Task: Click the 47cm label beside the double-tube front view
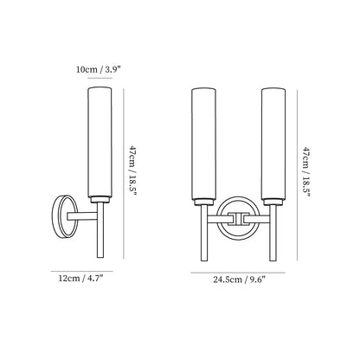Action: (x=307, y=172)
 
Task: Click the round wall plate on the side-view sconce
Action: (x=61, y=215)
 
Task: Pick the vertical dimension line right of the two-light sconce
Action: (x=296, y=172)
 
